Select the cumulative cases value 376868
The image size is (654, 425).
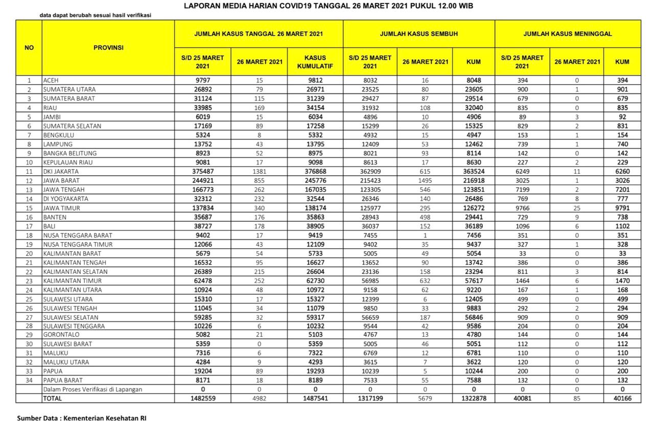click(315, 172)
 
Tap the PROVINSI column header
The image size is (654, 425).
click(108, 48)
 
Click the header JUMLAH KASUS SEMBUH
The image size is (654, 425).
click(418, 34)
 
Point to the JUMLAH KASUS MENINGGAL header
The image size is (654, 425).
click(567, 34)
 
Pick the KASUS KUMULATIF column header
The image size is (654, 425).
click(315, 62)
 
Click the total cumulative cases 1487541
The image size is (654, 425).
click(315, 398)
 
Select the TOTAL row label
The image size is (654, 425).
click(52, 398)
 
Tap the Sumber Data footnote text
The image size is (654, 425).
click(82, 418)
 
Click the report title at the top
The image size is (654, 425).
click(328, 6)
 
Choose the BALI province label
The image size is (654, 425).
click(50, 226)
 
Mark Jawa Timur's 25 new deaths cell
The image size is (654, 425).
click(577, 208)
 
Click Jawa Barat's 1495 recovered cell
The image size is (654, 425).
click(425, 181)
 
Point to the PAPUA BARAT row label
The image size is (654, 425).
click(63, 381)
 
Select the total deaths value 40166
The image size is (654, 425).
click(622, 398)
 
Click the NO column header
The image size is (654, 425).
click(29, 48)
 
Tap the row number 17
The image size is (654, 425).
click(29, 226)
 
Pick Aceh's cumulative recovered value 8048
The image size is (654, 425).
click(474, 80)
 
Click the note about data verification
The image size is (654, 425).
click(95, 15)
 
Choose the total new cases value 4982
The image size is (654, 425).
click(260, 398)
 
